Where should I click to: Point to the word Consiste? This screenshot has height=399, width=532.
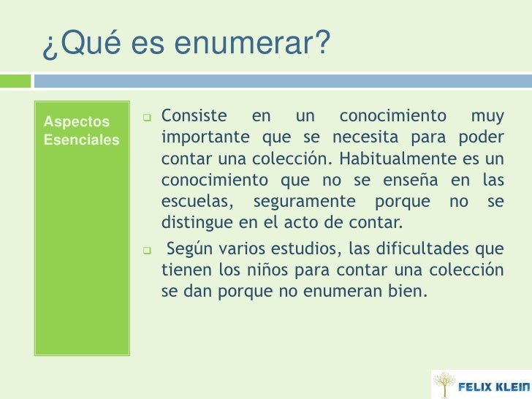tap(194, 116)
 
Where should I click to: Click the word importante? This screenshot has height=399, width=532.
tap(202, 137)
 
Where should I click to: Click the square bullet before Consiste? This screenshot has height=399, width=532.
tap(146, 117)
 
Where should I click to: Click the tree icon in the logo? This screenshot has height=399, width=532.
tap(443, 384)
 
